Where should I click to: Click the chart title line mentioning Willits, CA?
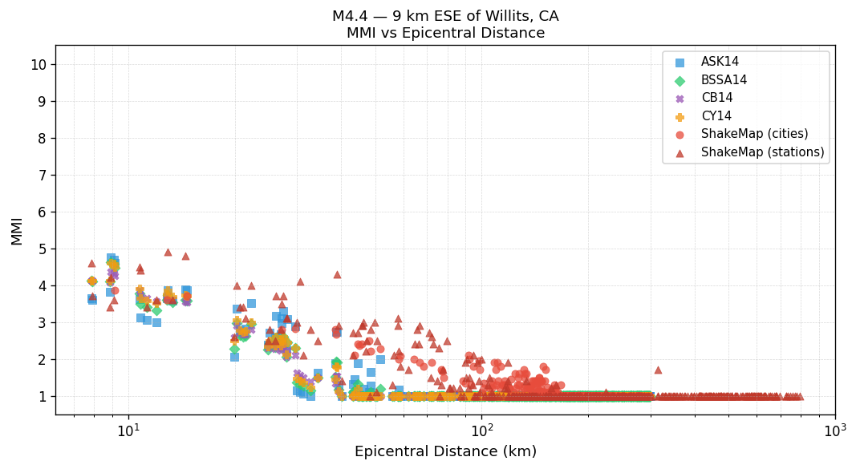pos(445,16)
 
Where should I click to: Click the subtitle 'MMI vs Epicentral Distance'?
pos(445,34)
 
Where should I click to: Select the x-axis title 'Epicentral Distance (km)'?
pos(445,451)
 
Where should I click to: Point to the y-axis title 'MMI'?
pos(17,230)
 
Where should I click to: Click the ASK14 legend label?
pos(720,63)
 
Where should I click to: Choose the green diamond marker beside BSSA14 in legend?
pos(680,80)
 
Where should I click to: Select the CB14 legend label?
pos(716,98)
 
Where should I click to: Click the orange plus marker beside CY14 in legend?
pos(680,116)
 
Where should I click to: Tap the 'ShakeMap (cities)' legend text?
pos(754,134)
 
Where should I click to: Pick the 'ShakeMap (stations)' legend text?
pos(762,152)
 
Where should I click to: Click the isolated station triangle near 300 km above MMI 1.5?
pos(658,370)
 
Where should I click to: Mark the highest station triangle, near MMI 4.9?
pos(168,252)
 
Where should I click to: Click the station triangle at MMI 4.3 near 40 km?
pos(337,274)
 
